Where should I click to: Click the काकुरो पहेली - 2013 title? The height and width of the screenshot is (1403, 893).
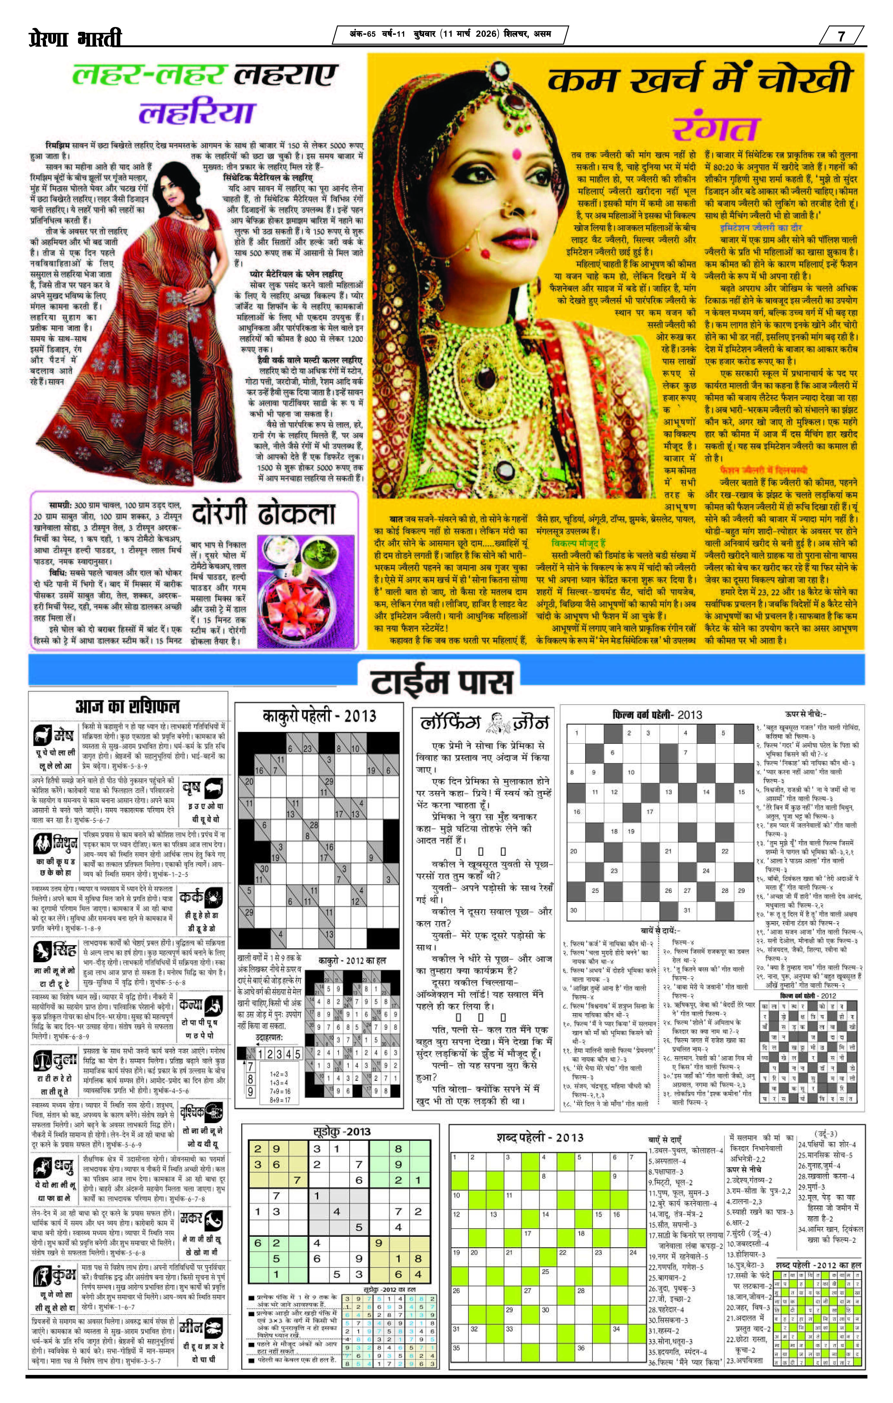[319, 716]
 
